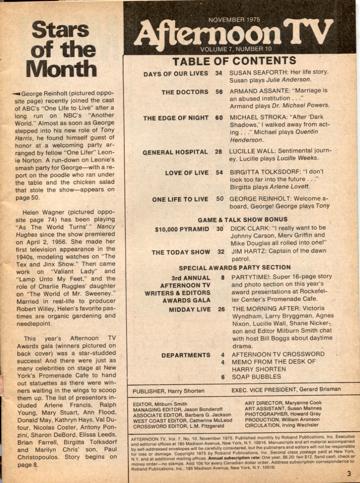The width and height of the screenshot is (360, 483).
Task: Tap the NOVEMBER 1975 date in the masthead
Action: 234,20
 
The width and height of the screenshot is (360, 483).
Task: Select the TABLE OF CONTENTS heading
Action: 234,61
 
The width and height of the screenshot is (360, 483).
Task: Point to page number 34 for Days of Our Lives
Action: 218,73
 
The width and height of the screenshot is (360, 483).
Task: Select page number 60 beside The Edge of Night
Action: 219,118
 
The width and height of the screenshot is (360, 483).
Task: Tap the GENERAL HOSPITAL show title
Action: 175,152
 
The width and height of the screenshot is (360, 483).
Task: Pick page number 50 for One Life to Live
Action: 219,199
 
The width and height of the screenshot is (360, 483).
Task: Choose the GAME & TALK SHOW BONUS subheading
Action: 242,220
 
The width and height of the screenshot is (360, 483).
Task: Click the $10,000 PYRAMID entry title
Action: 182,229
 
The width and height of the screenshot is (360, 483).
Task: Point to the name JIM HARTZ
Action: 247,252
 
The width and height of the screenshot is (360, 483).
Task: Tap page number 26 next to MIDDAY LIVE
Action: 221,309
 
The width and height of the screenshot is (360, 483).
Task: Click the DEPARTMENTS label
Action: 186,355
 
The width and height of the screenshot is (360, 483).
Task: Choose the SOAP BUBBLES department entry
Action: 256,377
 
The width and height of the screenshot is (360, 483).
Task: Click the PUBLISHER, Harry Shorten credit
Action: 168,391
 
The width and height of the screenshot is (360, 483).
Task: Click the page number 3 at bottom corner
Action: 348,473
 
